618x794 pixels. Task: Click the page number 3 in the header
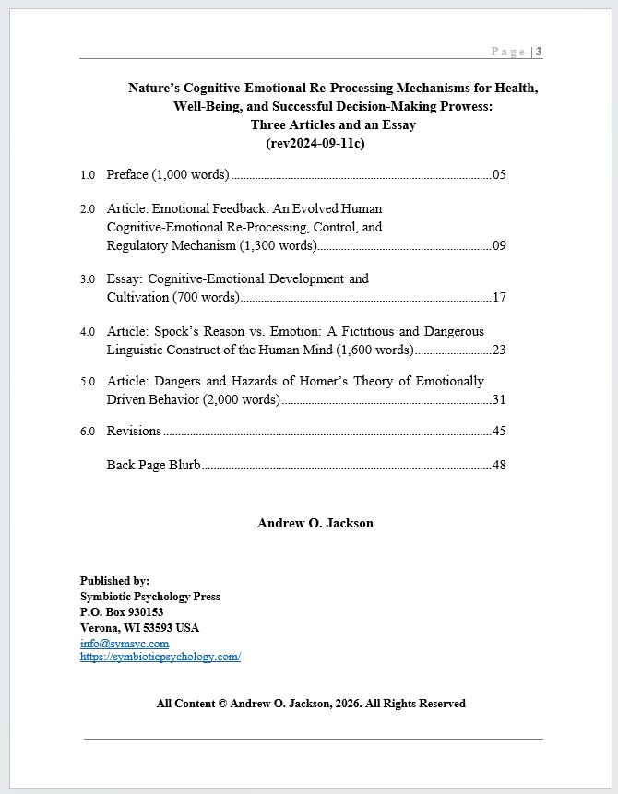click(539, 52)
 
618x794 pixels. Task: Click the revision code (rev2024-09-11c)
click(315, 143)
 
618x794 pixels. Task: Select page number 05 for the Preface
click(499, 174)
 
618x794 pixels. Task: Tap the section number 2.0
click(88, 209)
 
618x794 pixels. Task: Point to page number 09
click(499, 245)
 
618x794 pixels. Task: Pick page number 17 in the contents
click(499, 297)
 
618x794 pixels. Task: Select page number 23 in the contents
click(499, 350)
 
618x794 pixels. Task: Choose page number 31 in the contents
click(499, 399)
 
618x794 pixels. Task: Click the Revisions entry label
click(134, 431)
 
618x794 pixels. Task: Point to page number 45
click(499, 431)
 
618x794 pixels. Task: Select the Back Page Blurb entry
click(153, 465)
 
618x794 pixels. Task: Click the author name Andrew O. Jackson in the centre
click(315, 523)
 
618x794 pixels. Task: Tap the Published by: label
click(114, 581)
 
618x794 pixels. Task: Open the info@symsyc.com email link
click(124, 643)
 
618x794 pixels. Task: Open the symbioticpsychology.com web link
click(160, 657)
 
